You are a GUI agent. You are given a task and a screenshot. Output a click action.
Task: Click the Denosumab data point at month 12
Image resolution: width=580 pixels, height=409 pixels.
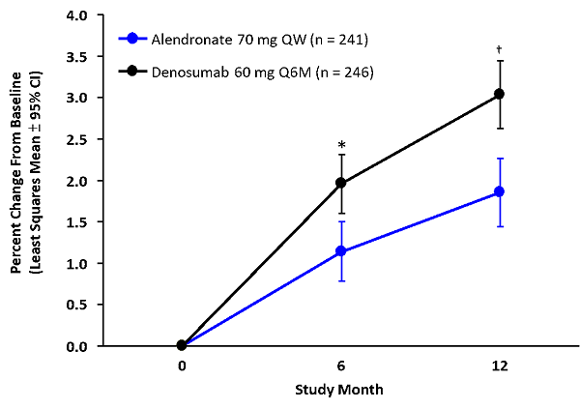click(x=499, y=94)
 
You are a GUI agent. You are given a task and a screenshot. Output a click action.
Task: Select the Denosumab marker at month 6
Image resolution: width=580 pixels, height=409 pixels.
click(x=340, y=183)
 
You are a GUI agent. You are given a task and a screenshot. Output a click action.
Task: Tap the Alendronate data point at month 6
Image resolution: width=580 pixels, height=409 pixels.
click(x=340, y=251)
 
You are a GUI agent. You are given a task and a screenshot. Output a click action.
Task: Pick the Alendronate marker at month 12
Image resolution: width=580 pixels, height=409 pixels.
click(x=499, y=191)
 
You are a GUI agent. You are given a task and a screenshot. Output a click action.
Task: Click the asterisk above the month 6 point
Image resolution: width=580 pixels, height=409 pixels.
click(x=341, y=146)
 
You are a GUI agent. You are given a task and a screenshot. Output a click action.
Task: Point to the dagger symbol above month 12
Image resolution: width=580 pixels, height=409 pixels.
click(x=499, y=48)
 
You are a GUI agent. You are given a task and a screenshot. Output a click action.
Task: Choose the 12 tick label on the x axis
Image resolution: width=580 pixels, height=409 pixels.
click(x=499, y=366)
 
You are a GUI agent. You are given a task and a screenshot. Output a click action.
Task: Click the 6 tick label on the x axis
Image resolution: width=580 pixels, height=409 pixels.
click(x=340, y=366)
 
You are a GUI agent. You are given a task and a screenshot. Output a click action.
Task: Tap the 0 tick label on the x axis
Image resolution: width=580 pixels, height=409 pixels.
click(x=182, y=366)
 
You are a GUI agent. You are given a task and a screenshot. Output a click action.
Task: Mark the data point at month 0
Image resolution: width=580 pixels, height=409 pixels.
click(x=182, y=345)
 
